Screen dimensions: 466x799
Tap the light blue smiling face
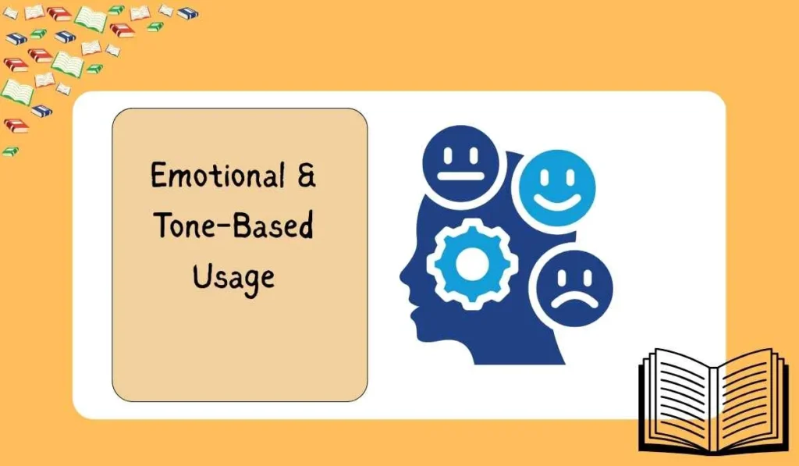coord(558,185)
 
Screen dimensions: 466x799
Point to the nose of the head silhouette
coord(403,273)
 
